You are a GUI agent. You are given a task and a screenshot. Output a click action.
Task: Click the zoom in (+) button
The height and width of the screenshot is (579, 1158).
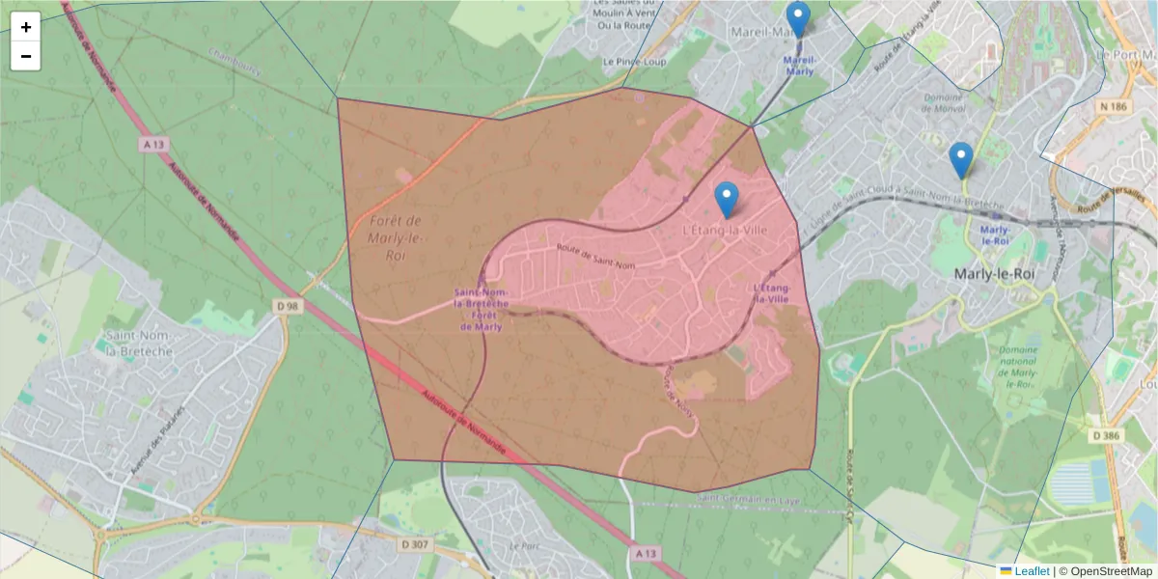pos(26,27)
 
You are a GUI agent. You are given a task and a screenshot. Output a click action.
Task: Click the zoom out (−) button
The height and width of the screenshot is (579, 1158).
pos(26,56)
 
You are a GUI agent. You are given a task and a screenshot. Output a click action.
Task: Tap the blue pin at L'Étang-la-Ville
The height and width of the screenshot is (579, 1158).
pos(727,199)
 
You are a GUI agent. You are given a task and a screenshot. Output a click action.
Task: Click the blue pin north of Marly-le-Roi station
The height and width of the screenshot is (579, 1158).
pos(960,159)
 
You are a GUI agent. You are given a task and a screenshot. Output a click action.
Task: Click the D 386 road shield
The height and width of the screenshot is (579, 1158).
pos(1106,435)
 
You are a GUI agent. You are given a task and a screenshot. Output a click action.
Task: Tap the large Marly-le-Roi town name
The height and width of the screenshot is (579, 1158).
pos(1000,274)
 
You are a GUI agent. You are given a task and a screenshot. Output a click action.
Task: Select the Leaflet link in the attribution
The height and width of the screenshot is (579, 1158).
pos(1031,571)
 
